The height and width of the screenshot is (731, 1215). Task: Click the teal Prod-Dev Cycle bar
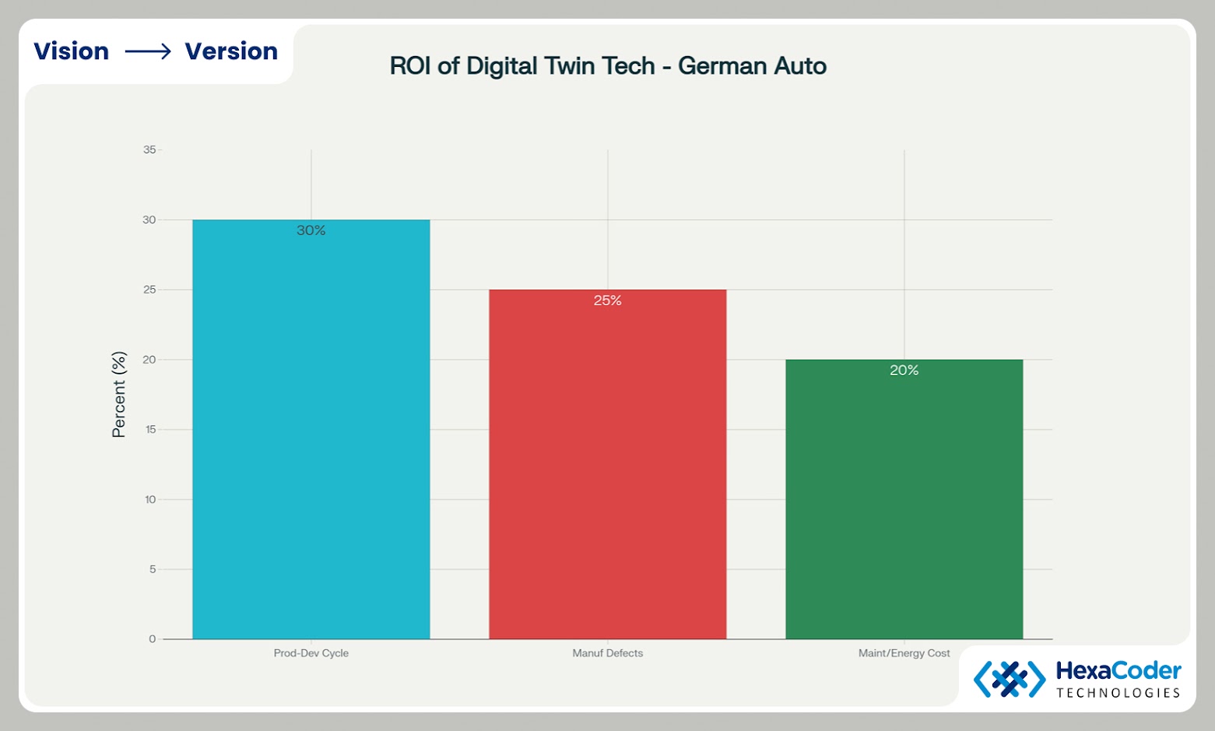click(311, 436)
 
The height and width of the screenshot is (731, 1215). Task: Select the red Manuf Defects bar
click(607, 467)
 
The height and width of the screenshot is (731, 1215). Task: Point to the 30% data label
click(311, 230)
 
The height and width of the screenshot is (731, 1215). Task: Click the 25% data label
click(607, 300)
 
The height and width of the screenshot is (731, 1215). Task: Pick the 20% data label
click(904, 371)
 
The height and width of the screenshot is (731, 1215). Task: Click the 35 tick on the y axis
click(149, 149)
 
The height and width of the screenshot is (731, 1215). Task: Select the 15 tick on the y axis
click(150, 430)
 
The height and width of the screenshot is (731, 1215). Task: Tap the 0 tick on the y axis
click(153, 639)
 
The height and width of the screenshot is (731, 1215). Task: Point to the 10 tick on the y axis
click(150, 500)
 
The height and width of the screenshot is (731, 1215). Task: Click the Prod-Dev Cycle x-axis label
click(311, 653)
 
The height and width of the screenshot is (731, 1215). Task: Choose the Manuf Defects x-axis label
click(607, 653)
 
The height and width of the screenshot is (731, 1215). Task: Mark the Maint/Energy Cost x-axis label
click(904, 653)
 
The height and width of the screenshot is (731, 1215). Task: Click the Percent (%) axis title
click(118, 394)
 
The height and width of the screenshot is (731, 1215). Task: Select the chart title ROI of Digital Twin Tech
click(607, 66)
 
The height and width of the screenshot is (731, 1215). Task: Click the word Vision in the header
click(71, 51)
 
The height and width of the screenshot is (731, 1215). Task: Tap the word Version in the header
click(231, 51)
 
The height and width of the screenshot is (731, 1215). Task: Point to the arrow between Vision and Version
click(148, 52)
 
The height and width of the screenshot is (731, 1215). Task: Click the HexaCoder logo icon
click(1010, 679)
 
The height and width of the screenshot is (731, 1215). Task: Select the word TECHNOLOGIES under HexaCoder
click(1118, 693)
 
